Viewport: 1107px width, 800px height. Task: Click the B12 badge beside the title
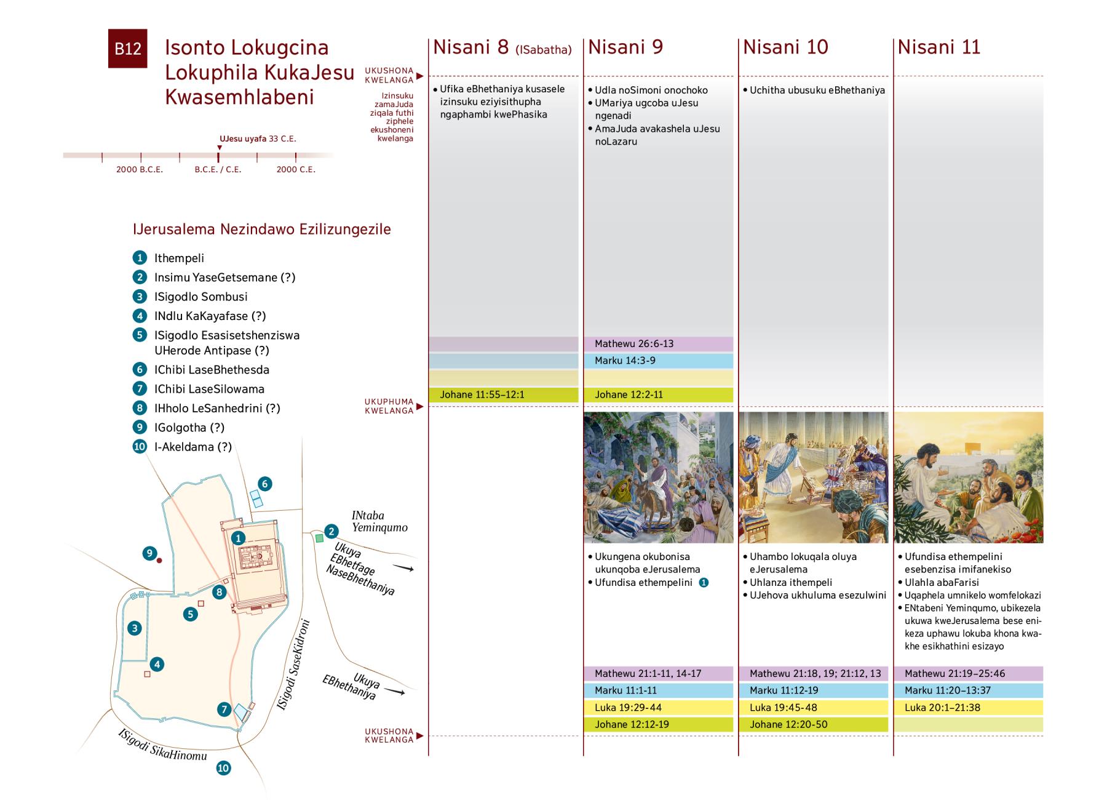pyautogui.click(x=127, y=49)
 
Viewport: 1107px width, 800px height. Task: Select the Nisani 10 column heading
pyautogui.click(x=785, y=47)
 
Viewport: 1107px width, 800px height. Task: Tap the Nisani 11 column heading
pyautogui.click(x=938, y=47)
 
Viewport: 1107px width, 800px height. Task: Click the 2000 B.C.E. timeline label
pyautogui.click(x=140, y=169)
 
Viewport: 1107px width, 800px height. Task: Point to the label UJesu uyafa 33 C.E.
pyautogui.click(x=258, y=139)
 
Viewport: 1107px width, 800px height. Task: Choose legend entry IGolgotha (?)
pyautogui.click(x=189, y=428)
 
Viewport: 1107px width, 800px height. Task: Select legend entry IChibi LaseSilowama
pyautogui.click(x=209, y=389)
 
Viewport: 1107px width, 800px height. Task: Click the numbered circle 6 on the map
pyautogui.click(x=264, y=484)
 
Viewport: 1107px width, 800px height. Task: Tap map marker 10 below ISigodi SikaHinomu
pyautogui.click(x=223, y=768)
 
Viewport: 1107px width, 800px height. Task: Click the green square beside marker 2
pyautogui.click(x=319, y=538)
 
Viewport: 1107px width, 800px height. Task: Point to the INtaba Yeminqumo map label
pyautogui.click(x=379, y=521)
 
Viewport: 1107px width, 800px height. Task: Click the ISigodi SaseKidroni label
pyautogui.click(x=293, y=665)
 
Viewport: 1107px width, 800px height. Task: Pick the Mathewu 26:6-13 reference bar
pyautogui.click(x=658, y=344)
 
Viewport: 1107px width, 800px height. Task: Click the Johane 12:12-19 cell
pyautogui.click(x=658, y=724)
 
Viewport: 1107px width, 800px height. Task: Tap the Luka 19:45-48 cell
pyautogui.click(x=813, y=708)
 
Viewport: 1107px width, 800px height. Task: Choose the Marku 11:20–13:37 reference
pyautogui.click(x=968, y=690)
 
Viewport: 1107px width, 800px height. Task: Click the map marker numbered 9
pyautogui.click(x=149, y=553)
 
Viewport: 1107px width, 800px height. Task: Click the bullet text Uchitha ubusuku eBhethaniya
pyautogui.click(x=817, y=90)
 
